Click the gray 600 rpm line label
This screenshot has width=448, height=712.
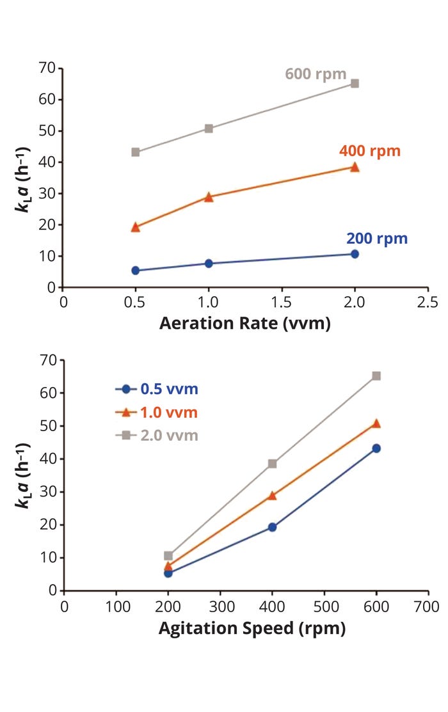pyautogui.click(x=316, y=73)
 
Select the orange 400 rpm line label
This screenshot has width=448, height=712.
pyautogui.click(x=369, y=151)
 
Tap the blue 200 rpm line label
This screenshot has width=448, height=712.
pyautogui.click(x=376, y=239)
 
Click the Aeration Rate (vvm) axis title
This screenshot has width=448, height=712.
pyautogui.click(x=245, y=324)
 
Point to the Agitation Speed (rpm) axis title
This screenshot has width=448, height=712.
pyautogui.click(x=252, y=628)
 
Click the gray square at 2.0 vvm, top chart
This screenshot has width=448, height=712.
pyautogui.click(x=355, y=84)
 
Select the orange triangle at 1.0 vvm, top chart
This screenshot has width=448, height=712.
pyautogui.click(x=209, y=197)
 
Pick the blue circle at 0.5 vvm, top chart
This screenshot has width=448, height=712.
pyautogui.click(x=136, y=271)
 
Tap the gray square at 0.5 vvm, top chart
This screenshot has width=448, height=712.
pyautogui.click(x=136, y=152)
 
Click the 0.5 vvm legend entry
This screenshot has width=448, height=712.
pyautogui.click(x=157, y=389)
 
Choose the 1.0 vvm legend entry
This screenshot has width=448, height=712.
pyautogui.click(x=157, y=413)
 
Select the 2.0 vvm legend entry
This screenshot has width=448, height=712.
pyautogui.click(x=157, y=436)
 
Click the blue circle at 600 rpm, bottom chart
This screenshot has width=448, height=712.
pyautogui.click(x=376, y=448)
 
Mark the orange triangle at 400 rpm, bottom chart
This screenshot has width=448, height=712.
pyautogui.click(x=272, y=495)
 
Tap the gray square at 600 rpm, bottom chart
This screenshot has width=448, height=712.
pyautogui.click(x=376, y=376)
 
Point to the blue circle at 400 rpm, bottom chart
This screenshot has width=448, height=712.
pyautogui.click(x=272, y=527)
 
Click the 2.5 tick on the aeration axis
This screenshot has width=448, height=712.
pyautogui.click(x=428, y=301)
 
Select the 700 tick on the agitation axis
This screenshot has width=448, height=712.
pyautogui.click(x=428, y=605)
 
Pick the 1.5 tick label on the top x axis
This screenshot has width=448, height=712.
pyautogui.click(x=282, y=301)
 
